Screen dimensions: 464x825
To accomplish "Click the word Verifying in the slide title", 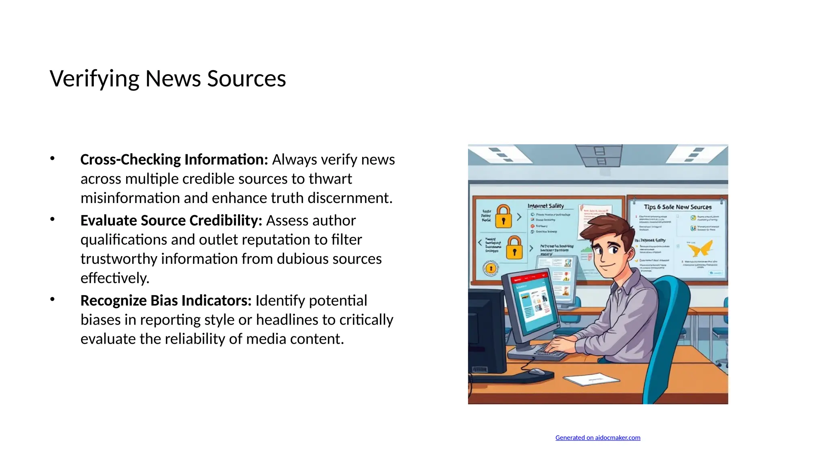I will click(94, 79).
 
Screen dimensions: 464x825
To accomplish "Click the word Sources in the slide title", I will click(246, 79).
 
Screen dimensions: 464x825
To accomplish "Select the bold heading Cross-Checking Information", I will click(174, 159).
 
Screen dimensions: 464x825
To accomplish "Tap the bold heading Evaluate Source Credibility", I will click(171, 220).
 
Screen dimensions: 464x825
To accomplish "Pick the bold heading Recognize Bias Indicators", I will click(166, 300).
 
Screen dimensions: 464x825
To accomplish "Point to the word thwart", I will click(330, 179).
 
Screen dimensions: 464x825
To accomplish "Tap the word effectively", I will click(115, 278).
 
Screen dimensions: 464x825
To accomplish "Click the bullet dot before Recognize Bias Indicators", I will click(52, 299).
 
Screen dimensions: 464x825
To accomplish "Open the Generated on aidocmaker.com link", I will click(597, 438).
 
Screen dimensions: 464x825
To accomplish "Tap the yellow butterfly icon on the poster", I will click(700, 249).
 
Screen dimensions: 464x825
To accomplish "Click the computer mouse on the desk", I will click(537, 371).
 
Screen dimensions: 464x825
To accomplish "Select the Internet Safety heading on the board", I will click(545, 206).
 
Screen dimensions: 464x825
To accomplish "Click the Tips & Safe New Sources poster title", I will click(678, 207).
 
